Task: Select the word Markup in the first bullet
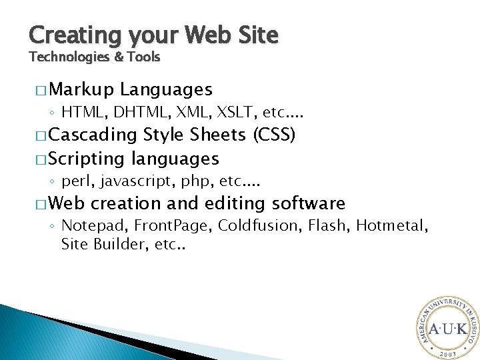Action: [x=81, y=89]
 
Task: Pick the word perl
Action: [x=75, y=181]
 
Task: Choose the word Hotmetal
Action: [x=391, y=225]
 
